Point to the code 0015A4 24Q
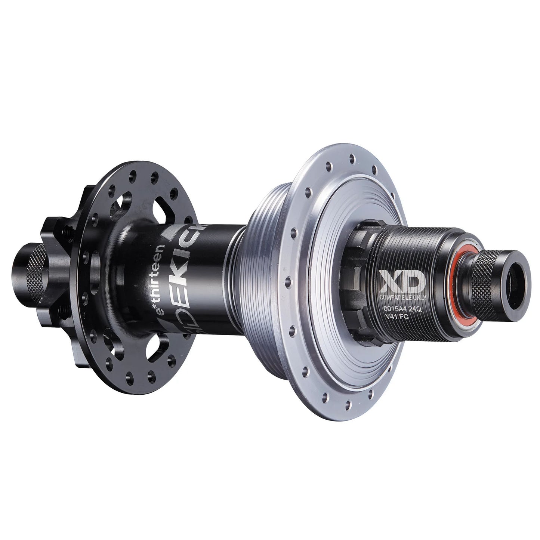401,309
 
